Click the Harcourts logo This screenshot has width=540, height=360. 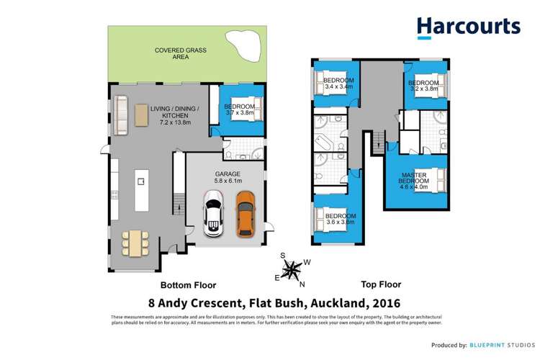click(x=468, y=27)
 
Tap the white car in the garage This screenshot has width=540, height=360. click(x=213, y=213)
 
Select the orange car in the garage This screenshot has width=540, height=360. click(x=246, y=212)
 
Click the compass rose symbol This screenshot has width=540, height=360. click(x=292, y=269)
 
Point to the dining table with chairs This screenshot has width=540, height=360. click(x=135, y=242)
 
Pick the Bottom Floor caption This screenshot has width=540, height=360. click(x=188, y=285)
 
